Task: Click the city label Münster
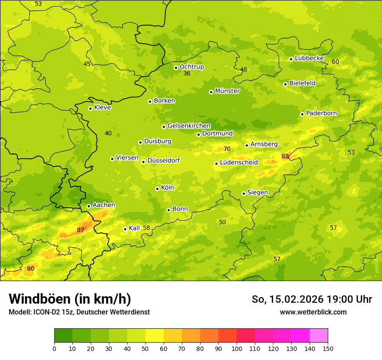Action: [x=227, y=91]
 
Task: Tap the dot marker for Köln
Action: [x=157, y=189]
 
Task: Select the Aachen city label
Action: [x=104, y=205]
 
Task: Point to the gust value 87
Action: [x=81, y=230]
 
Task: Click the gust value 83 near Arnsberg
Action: [x=285, y=156]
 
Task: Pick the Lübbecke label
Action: [x=309, y=58]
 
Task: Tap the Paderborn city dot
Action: [x=303, y=114]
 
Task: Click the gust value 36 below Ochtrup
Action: [x=187, y=74]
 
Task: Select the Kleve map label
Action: [x=102, y=108]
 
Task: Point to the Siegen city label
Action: [x=257, y=193]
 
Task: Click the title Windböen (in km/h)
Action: [x=70, y=299]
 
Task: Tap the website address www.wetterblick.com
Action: [x=313, y=312]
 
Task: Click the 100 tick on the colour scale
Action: [x=237, y=348]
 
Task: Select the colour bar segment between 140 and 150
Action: [x=319, y=336]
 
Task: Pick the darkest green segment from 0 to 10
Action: [x=63, y=336]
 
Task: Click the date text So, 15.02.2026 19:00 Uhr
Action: [x=312, y=299]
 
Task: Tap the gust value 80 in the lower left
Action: [x=30, y=269]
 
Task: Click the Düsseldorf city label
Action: [x=164, y=160]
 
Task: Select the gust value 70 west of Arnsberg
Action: [x=227, y=149]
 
